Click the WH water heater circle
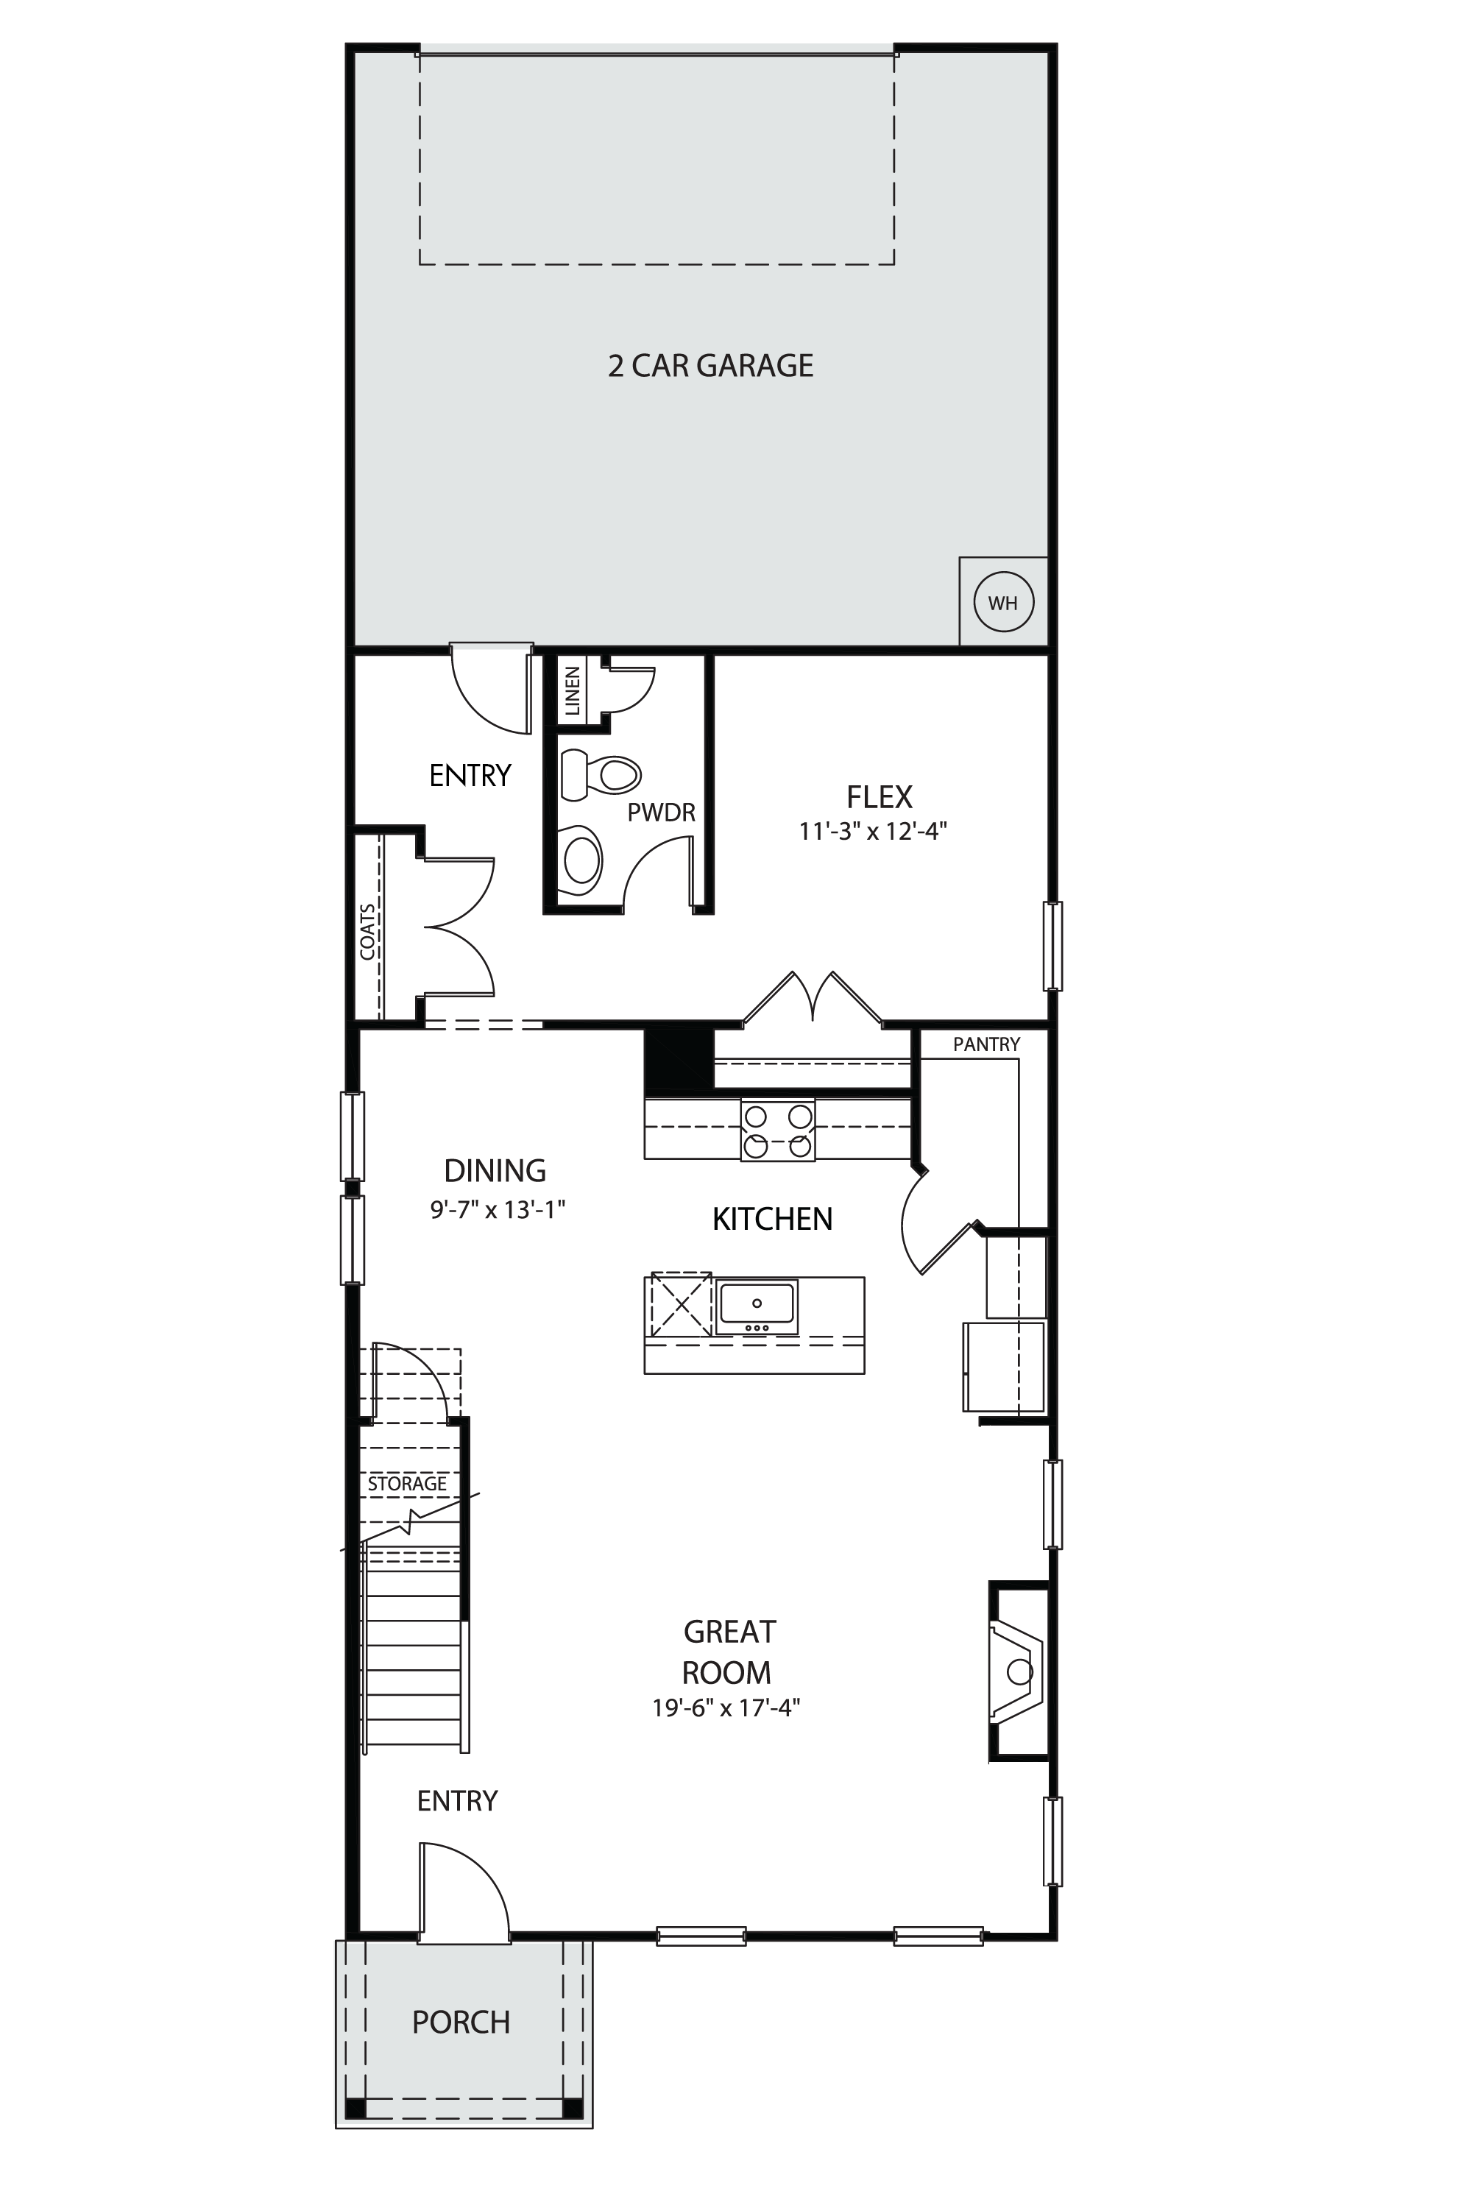click(1004, 602)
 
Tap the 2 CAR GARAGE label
click(711, 365)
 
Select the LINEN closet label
click(572, 691)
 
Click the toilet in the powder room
click(600, 774)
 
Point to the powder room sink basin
click(581, 860)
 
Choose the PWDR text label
click(662, 813)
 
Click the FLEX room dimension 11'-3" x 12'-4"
click(873, 831)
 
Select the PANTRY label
click(987, 1044)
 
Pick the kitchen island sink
click(756, 1305)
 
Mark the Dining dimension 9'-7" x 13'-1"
click(498, 1210)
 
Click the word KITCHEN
click(773, 1220)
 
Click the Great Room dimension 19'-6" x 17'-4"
click(726, 1708)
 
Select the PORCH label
click(461, 2021)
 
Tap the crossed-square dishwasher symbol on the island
click(681, 1304)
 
